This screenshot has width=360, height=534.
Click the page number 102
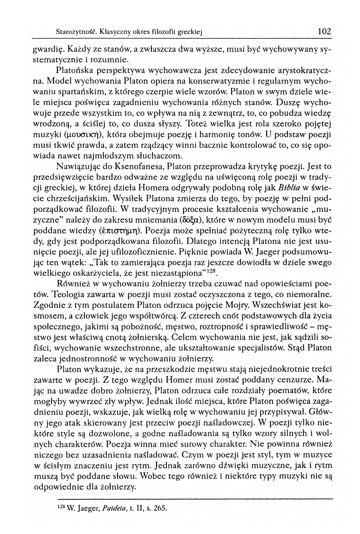click(x=324, y=32)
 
